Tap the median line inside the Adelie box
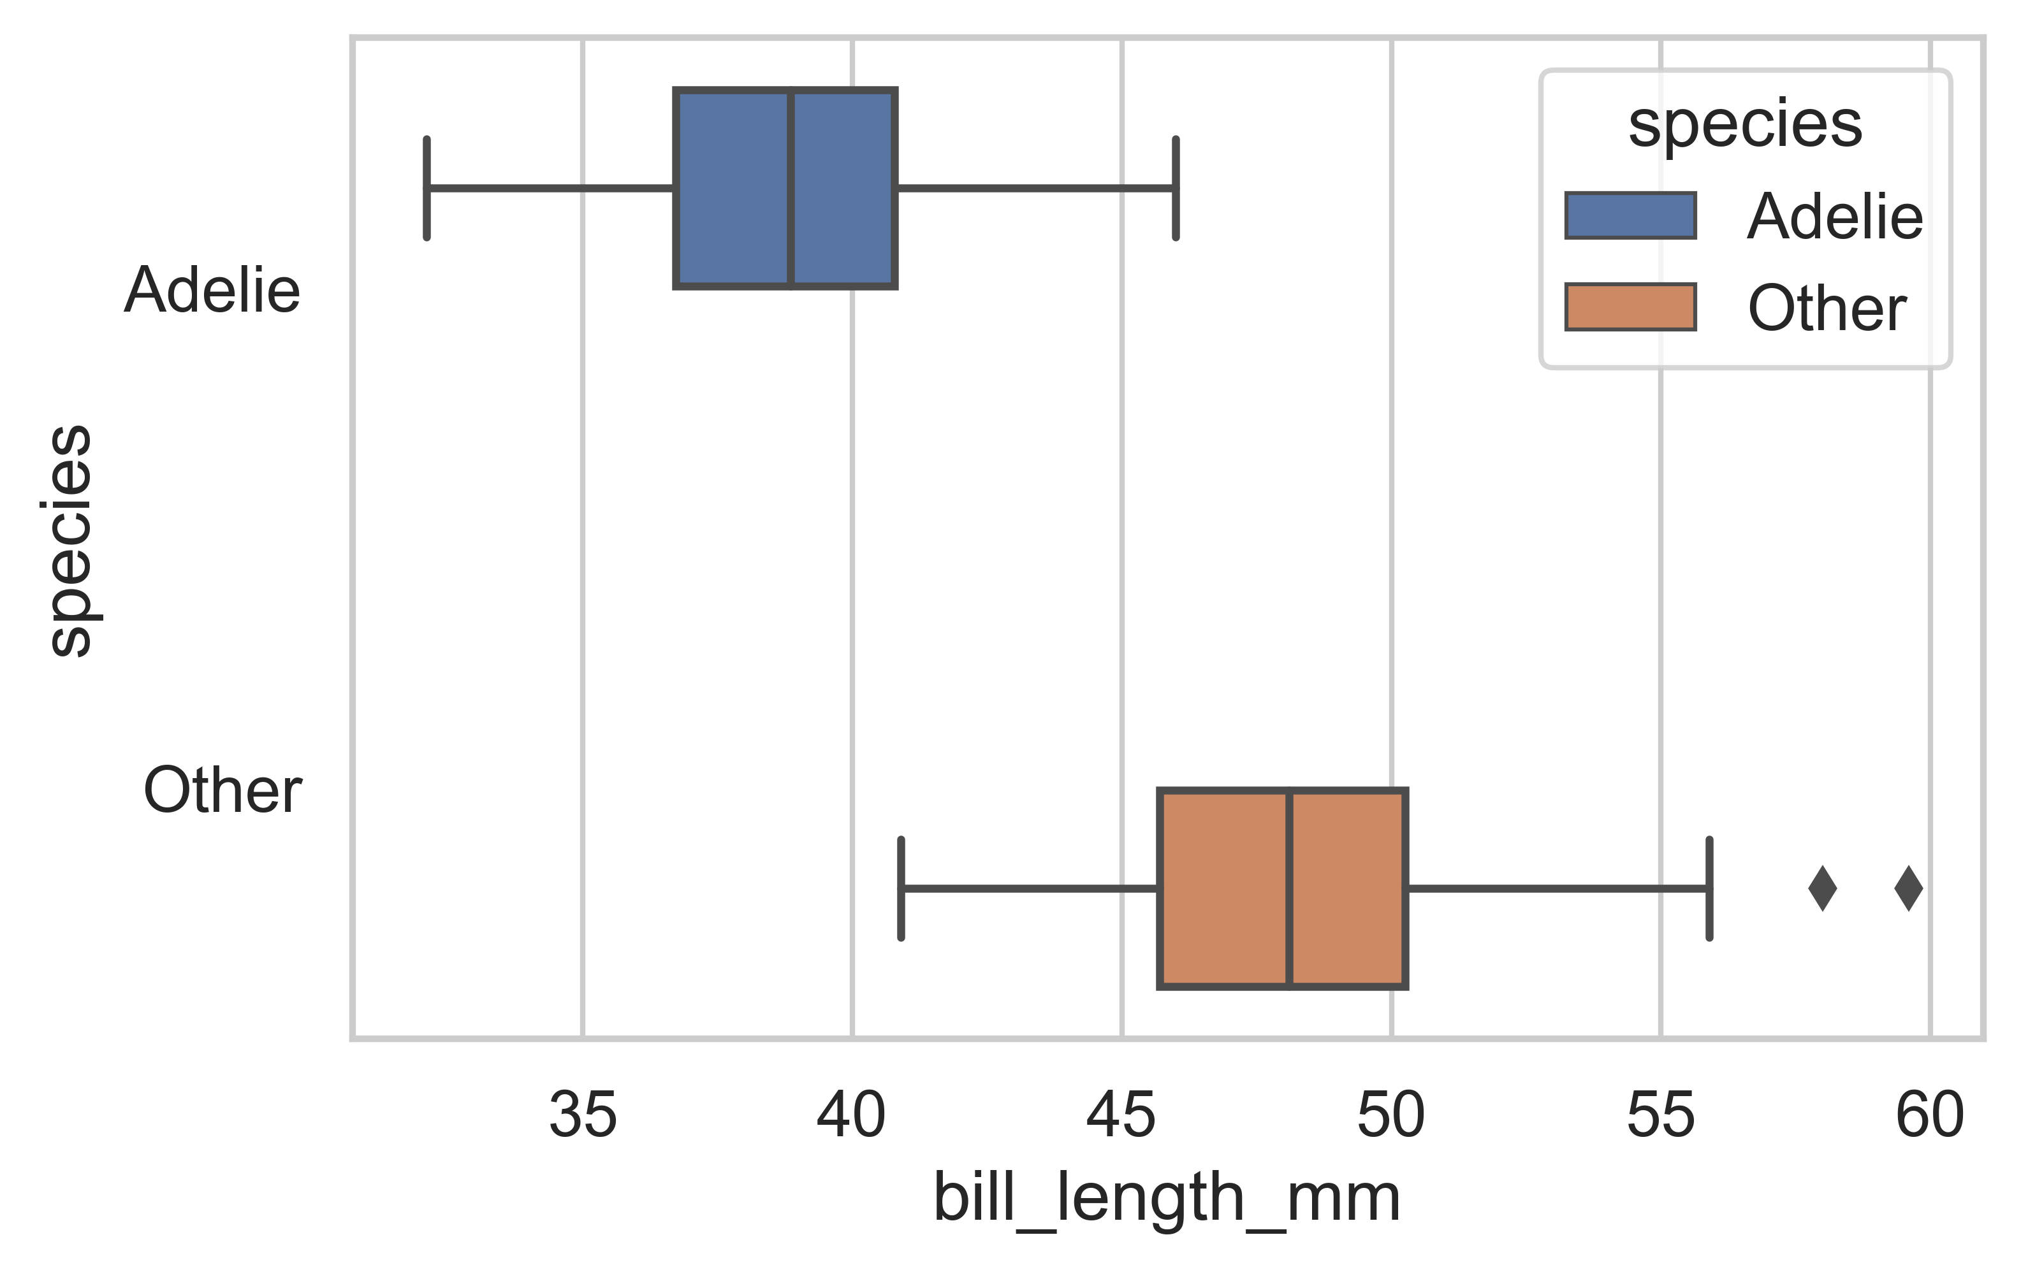(791, 188)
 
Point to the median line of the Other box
(1289, 888)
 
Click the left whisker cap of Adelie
(427, 188)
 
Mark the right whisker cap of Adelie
(1176, 188)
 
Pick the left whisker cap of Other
(901, 888)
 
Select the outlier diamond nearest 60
(1909, 888)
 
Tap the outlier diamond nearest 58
(1822, 888)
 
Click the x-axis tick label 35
(583, 1115)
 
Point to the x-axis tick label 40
(852, 1115)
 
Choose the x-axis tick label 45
(1121, 1115)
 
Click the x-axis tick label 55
(1661, 1115)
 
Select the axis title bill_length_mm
(1167, 1200)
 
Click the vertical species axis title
(71, 540)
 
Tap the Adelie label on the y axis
(212, 291)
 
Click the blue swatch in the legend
(1630, 215)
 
